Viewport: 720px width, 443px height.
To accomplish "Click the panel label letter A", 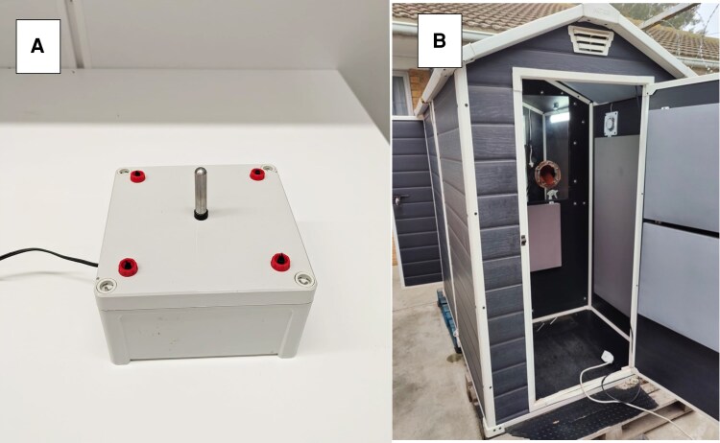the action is (37, 46).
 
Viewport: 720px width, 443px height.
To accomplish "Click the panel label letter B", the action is (440, 41).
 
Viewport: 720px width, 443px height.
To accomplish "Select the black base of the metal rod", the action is (201, 214).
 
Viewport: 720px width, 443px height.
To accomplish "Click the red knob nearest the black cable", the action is (128, 267).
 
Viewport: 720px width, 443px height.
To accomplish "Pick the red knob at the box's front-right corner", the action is (279, 262).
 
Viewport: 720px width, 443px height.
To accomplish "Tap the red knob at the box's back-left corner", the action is (137, 175).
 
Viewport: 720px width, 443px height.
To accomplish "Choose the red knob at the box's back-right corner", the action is (257, 174).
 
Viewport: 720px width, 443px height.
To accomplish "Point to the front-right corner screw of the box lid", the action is (303, 278).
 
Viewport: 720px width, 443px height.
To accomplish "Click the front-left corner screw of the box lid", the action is (105, 286).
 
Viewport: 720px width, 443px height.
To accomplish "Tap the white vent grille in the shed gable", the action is (590, 40).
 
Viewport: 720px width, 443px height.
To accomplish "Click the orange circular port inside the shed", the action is (547, 175).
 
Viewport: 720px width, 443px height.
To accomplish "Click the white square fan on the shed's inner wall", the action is (611, 124).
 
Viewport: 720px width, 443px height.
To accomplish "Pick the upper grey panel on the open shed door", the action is (681, 156).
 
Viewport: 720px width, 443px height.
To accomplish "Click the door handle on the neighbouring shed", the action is (398, 198).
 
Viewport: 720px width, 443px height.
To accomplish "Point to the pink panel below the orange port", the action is (544, 236).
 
